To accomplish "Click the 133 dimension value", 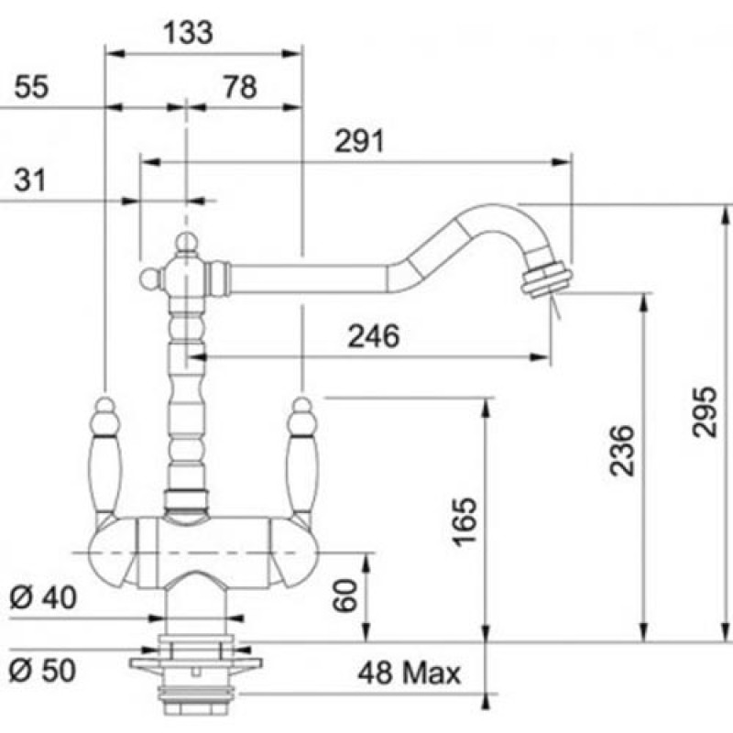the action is tap(188, 33).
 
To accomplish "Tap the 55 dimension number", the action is tap(31, 87).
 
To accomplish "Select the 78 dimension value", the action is tap(240, 87).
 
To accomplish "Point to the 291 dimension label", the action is tap(359, 141).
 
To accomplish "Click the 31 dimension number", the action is tap(30, 180).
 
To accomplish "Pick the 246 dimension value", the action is tap(374, 336).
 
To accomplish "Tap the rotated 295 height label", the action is tap(704, 411).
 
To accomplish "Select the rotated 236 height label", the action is tap(622, 451).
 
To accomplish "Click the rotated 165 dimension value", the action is tap(465, 521).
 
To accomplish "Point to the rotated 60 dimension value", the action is tap(345, 595).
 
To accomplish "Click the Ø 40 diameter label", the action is tap(42, 597).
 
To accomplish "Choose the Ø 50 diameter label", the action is tap(42, 670).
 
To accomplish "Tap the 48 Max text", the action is tap(409, 673).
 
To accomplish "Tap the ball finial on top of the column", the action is tap(187, 242).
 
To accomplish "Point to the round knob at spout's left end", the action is tap(149, 279).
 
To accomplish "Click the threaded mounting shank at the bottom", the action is tap(196, 696).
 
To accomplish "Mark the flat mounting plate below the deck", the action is tap(196, 663).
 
